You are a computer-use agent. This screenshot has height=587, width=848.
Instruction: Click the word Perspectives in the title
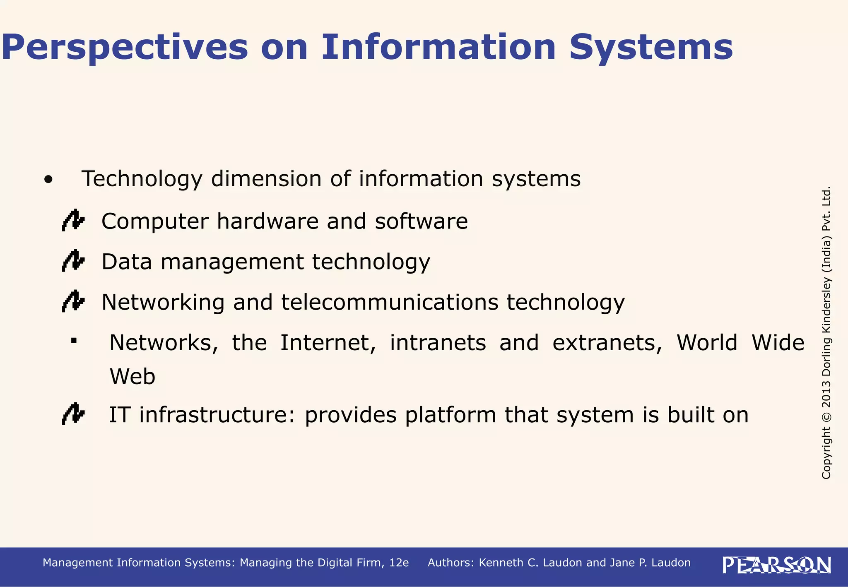(x=124, y=48)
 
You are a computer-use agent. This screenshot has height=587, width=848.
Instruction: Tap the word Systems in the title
(x=651, y=48)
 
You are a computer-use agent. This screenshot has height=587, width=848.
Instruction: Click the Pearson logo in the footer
(x=777, y=565)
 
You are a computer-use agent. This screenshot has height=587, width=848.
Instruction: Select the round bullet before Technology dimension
(x=49, y=180)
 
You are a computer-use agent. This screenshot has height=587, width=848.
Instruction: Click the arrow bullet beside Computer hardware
(x=73, y=221)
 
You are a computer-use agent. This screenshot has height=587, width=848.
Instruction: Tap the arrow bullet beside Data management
(x=73, y=261)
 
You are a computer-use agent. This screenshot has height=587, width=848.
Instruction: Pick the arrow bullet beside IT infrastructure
(x=73, y=414)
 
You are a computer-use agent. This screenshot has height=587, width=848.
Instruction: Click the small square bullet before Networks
(x=74, y=341)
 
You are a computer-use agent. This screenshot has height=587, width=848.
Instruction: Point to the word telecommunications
(x=390, y=302)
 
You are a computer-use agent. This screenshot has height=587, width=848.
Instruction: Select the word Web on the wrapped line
(x=132, y=377)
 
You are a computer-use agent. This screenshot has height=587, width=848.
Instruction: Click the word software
(x=421, y=221)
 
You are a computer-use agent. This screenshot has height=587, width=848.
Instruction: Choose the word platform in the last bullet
(x=450, y=415)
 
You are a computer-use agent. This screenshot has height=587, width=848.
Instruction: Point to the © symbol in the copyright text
(x=826, y=416)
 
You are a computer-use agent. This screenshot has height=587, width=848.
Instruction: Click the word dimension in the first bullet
(x=266, y=180)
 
